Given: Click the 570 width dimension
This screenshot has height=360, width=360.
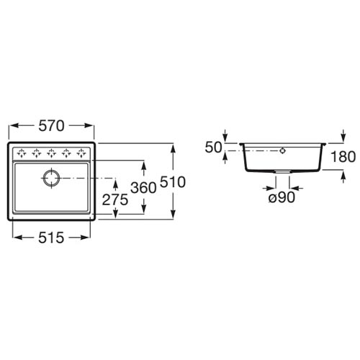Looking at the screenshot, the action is coord(51,126).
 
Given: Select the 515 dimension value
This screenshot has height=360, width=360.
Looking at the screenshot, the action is coord(51,238).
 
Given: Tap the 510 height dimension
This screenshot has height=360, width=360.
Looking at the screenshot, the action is coord(173,181).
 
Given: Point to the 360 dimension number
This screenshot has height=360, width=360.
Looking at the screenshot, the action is coord(143,188).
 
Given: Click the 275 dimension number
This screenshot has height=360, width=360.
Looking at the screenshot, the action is coord(115,199).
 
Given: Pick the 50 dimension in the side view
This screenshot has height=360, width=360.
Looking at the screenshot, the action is coord(213,148).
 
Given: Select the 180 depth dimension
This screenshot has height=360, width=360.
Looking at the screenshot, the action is coord(343,157).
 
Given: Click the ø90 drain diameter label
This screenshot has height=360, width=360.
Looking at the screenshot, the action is coord(282,198).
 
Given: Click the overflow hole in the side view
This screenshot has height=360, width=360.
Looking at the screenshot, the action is coord(283,150).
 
